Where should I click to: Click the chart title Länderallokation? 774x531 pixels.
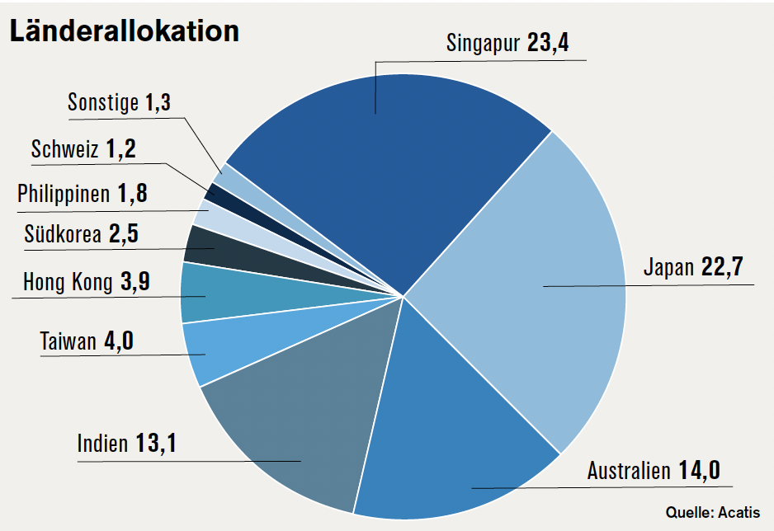coord(124,31)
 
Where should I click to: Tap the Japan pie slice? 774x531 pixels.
coord(528,289)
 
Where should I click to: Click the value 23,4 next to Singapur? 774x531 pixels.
coord(548,43)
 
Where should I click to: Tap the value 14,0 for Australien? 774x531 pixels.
coord(699,471)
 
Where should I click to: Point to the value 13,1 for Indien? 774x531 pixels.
coord(156,444)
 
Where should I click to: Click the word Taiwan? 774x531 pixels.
coord(68,341)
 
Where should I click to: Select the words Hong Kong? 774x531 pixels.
coord(68,283)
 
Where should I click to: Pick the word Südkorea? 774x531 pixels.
coord(63,234)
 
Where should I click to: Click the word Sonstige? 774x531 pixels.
coord(103,103)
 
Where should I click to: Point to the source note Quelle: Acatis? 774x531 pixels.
coord(713,512)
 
